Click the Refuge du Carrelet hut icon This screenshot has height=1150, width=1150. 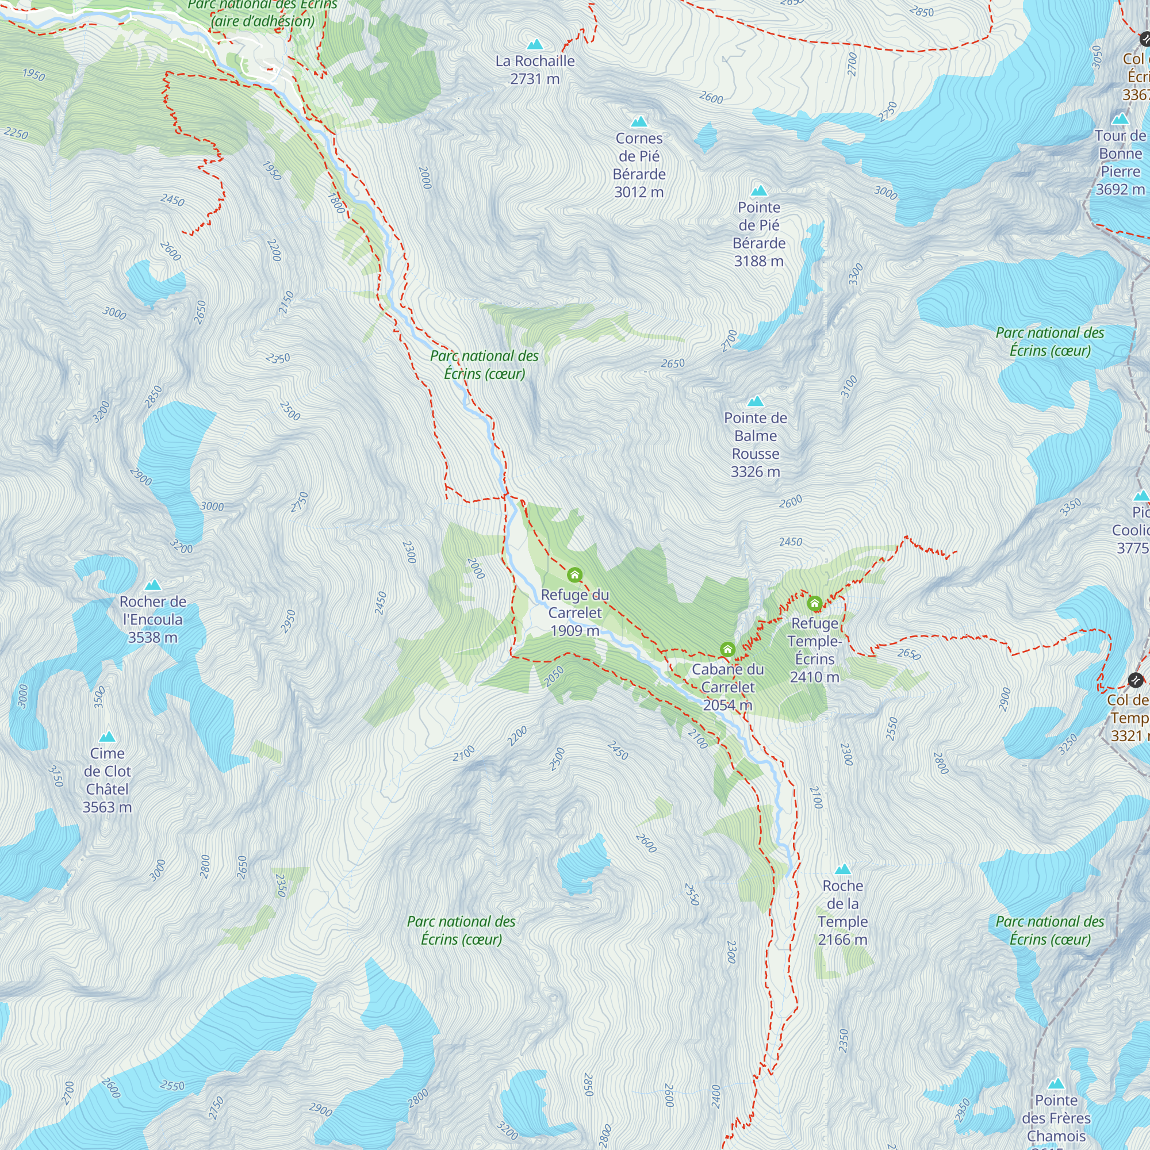[574, 575]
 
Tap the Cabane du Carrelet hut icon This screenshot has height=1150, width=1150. [727, 649]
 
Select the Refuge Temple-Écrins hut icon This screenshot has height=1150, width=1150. [815, 604]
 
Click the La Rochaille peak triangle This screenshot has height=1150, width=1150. [535, 44]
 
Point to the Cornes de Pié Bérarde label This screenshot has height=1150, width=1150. [639, 165]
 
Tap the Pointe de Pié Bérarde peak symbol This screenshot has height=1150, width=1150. [759, 191]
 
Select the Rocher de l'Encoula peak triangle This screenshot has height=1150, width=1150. [153, 585]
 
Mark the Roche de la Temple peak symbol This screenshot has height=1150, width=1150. [843, 869]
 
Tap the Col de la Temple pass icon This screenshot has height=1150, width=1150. [1136, 680]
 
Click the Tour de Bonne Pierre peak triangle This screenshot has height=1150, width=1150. [1120, 119]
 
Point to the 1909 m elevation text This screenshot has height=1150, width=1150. [574, 630]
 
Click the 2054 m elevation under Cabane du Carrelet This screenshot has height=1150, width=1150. [727, 706]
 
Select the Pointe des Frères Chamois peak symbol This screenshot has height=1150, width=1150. [1056, 1084]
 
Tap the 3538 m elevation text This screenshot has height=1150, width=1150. [153, 638]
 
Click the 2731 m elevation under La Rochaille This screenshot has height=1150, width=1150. [535, 79]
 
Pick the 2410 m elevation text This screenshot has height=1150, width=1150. [815, 677]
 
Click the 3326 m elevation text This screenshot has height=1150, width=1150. [756, 472]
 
